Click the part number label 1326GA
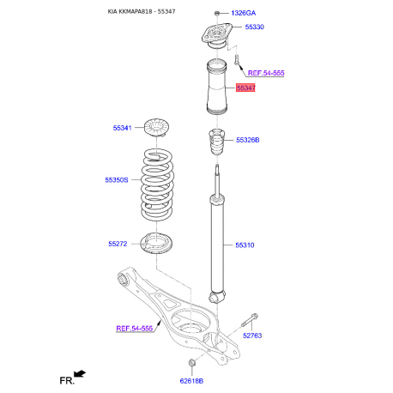click(x=243, y=13)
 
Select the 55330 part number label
click(x=254, y=27)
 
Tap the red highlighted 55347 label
click(x=245, y=88)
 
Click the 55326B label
click(x=248, y=140)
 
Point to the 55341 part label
click(x=122, y=128)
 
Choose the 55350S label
click(x=117, y=180)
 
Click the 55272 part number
click(x=118, y=244)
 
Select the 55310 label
click(x=245, y=245)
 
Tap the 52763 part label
click(x=252, y=336)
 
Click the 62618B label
click(x=191, y=381)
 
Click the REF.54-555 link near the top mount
click(x=266, y=73)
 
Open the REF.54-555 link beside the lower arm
click(x=134, y=329)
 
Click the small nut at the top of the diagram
click(x=216, y=13)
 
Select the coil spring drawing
click(x=157, y=184)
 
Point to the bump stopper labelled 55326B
click(x=217, y=142)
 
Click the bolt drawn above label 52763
click(x=250, y=320)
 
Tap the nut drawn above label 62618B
click(x=191, y=363)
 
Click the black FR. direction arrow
click(x=80, y=374)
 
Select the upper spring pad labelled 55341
click(x=156, y=127)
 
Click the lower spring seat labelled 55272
click(x=156, y=244)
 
